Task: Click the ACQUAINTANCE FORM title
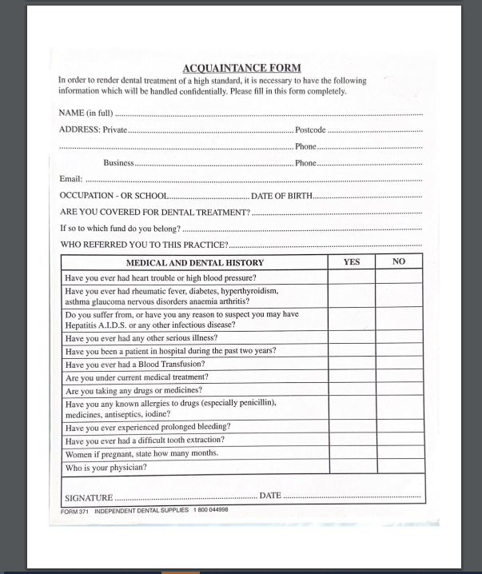[x=241, y=68]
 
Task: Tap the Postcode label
[x=310, y=130]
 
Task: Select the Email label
[x=71, y=179]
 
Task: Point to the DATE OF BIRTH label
[x=281, y=196]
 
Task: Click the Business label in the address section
[x=118, y=163]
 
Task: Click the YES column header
[x=352, y=261]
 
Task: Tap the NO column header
[x=399, y=261]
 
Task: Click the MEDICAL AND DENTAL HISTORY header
[x=194, y=262]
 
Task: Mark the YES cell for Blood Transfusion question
[x=352, y=365]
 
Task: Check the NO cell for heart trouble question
[x=399, y=277]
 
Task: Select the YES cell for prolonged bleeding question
[x=352, y=427]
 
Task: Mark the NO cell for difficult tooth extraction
[x=399, y=440]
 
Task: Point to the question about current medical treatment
[x=137, y=377]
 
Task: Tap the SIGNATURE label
[x=88, y=497]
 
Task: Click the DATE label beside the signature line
[x=271, y=496]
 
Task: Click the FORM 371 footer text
[x=74, y=510]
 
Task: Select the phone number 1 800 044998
[x=210, y=510]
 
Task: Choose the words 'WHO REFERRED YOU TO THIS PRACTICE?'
[x=144, y=245]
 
